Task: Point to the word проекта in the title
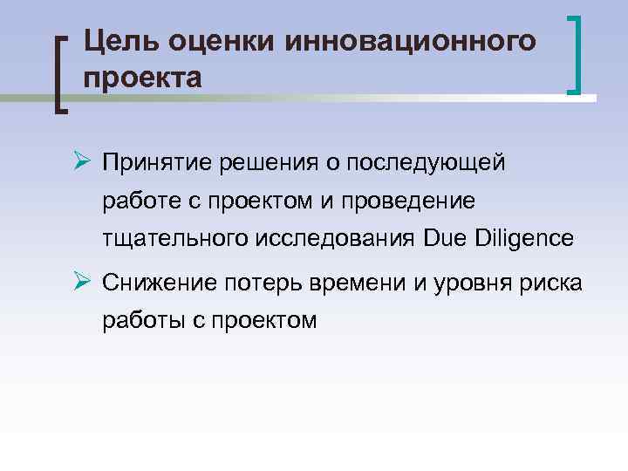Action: click(x=143, y=78)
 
